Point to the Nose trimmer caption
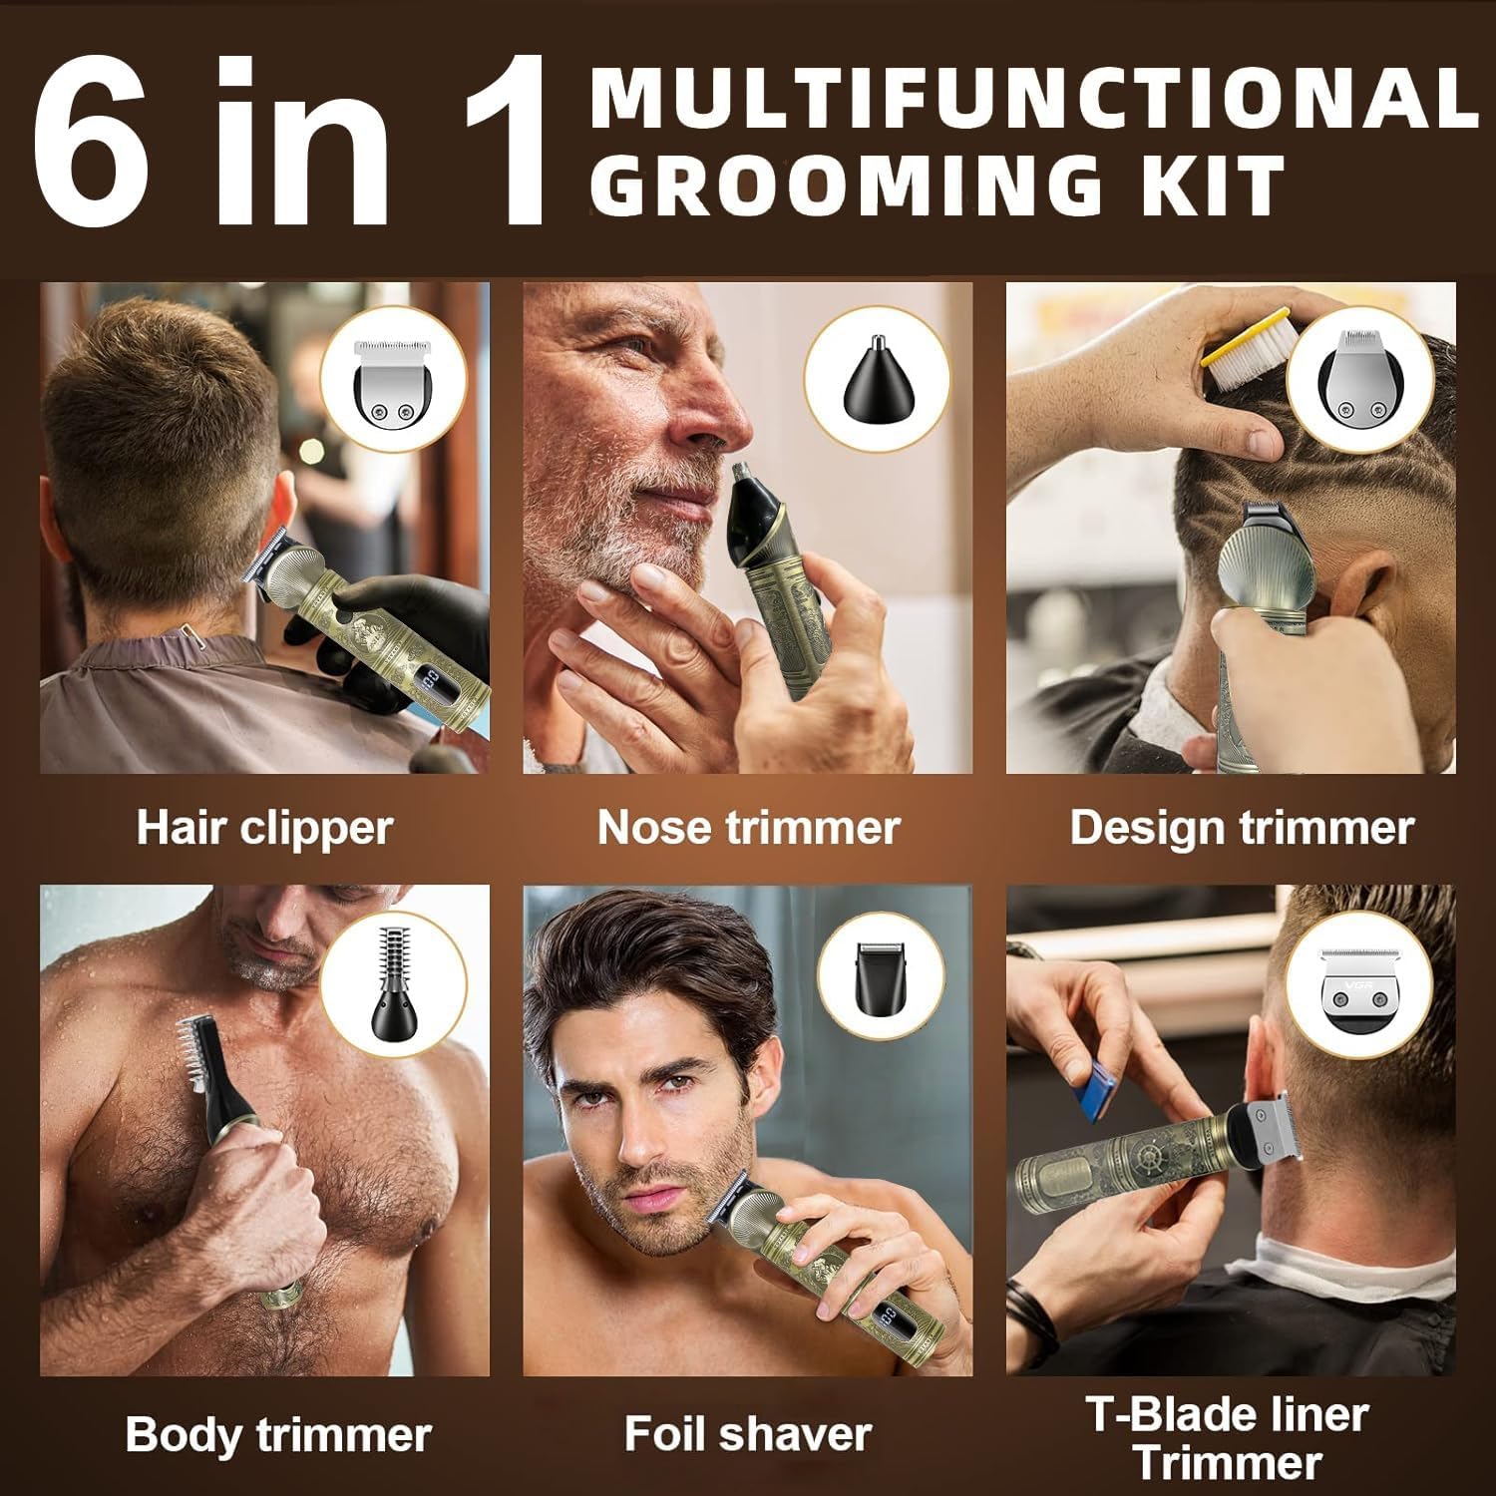coord(748,828)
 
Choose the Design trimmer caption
coord(1242,828)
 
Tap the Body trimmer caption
coord(278,1435)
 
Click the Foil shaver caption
coord(748,1434)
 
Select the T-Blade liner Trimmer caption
coord(1228,1438)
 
